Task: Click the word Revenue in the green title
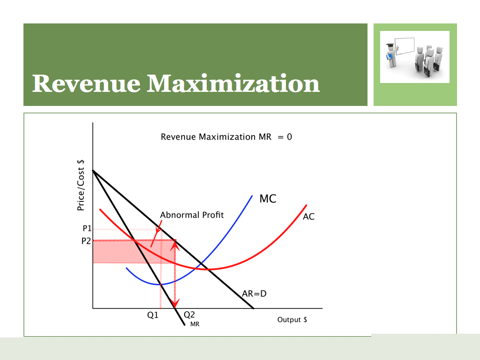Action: [x=86, y=83]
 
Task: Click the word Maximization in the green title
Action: [x=233, y=83]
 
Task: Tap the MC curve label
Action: [x=268, y=199]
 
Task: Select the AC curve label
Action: [x=308, y=217]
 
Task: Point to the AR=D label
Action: [x=254, y=294]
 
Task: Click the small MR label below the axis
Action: [x=195, y=324]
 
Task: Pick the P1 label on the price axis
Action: [x=87, y=228]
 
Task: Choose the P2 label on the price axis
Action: [x=86, y=241]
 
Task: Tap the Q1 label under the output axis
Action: [x=153, y=315]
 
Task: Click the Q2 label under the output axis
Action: [x=189, y=315]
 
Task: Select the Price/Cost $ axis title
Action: [x=81, y=185]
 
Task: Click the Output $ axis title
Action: [x=292, y=320]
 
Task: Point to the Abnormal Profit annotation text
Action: [x=192, y=215]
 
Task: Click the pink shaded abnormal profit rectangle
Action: [x=134, y=252]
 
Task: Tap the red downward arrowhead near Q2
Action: [x=175, y=303]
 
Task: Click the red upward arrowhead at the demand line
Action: [x=175, y=246]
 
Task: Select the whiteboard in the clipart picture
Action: [x=405, y=46]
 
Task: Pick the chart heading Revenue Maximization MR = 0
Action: [x=226, y=137]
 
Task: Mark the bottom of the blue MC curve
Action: [x=160, y=285]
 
